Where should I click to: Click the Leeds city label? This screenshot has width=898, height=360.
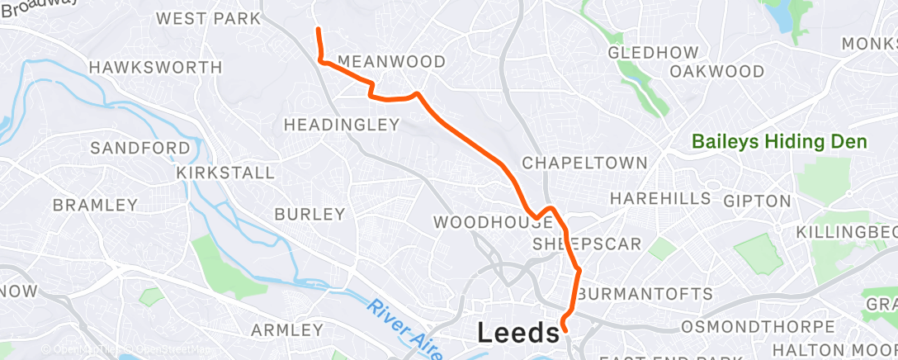coord(518,333)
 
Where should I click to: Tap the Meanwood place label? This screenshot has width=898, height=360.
coord(391,62)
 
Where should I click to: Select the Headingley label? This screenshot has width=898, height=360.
coord(342,125)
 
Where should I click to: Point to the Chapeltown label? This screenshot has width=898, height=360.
coord(584,163)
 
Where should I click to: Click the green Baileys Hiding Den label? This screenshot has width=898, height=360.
coord(780,142)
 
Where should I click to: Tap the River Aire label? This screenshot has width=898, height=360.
coord(402,323)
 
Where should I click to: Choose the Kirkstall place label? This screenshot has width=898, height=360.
coord(224,173)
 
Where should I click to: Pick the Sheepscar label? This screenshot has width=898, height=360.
coord(587,244)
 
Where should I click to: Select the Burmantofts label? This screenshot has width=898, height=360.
coord(645,294)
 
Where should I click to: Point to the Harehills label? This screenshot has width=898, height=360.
coord(660,199)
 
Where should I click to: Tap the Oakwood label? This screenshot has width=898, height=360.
coord(716,71)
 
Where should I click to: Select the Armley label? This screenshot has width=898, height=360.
coord(286,330)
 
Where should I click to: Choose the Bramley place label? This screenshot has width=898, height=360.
coord(95,204)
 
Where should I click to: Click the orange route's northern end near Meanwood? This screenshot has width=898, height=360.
coord(318,30)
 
